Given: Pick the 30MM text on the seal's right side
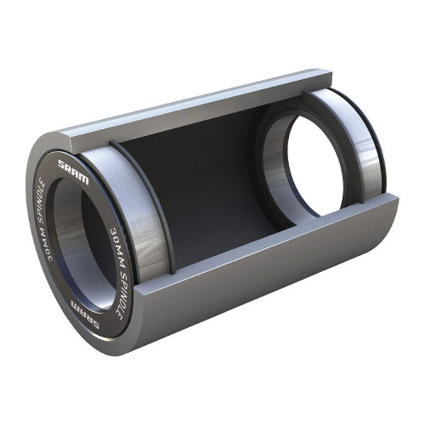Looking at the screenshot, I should tap(118, 237).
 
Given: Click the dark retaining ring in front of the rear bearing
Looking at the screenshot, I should tap(259, 156).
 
